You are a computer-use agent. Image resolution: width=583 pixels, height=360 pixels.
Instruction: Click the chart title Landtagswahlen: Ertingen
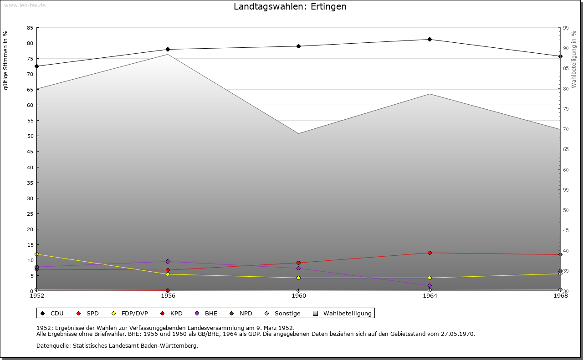point(290,7)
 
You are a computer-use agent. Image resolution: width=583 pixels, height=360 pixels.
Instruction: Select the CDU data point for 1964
point(430,40)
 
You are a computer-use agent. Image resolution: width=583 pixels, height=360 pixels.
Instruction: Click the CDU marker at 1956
point(168,50)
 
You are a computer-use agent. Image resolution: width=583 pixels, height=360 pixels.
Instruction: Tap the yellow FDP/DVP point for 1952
point(36,254)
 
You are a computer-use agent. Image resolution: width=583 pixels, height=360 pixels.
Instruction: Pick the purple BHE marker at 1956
point(168,262)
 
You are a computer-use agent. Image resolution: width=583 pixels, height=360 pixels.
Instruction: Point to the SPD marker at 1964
point(430,253)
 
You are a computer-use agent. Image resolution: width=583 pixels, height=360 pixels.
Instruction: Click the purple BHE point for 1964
point(430,286)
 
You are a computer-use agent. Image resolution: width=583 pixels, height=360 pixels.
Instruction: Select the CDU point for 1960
point(299,46)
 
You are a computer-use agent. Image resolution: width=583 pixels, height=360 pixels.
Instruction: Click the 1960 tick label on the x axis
point(299,296)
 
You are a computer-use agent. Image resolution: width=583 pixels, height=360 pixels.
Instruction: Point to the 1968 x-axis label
point(560,296)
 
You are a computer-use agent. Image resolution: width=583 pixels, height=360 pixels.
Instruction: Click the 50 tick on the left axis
point(30,136)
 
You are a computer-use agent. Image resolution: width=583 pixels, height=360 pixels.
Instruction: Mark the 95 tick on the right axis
point(566,28)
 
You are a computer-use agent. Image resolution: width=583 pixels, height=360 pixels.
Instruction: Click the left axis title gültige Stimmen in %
point(6,61)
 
